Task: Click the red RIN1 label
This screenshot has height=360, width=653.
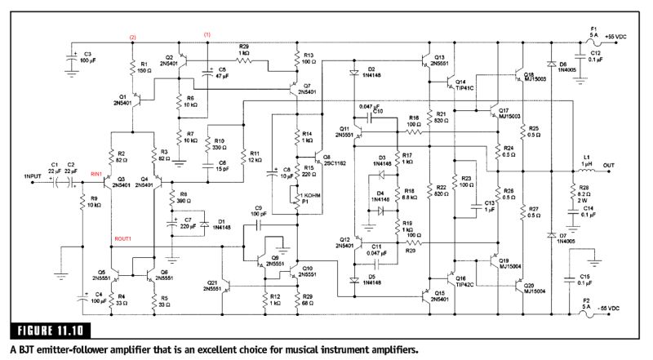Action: click(97, 174)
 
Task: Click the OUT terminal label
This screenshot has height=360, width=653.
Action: click(609, 163)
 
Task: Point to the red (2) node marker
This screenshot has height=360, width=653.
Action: click(132, 38)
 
